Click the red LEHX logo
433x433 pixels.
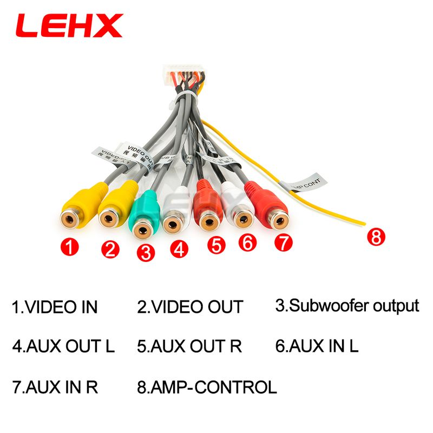pyautogui.click(x=70, y=26)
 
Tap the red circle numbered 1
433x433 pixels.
pyautogui.click(x=70, y=248)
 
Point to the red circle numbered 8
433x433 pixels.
pyautogui.click(x=376, y=237)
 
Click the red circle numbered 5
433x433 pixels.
pyautogui.click(x=216, y=245)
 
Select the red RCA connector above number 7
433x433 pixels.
pyautogui.click(x=272, y=208)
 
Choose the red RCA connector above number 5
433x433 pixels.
pyautogui.click(x=208, y=208)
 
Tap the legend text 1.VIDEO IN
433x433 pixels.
pyautogui.click(x=55, y=307)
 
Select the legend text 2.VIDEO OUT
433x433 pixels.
pyautogui.click(x=190, y=307)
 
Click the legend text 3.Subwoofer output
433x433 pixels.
pyautogui.click(x=347, y=306)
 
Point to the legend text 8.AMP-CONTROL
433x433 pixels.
pyautogui.click(x=207, y=387)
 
